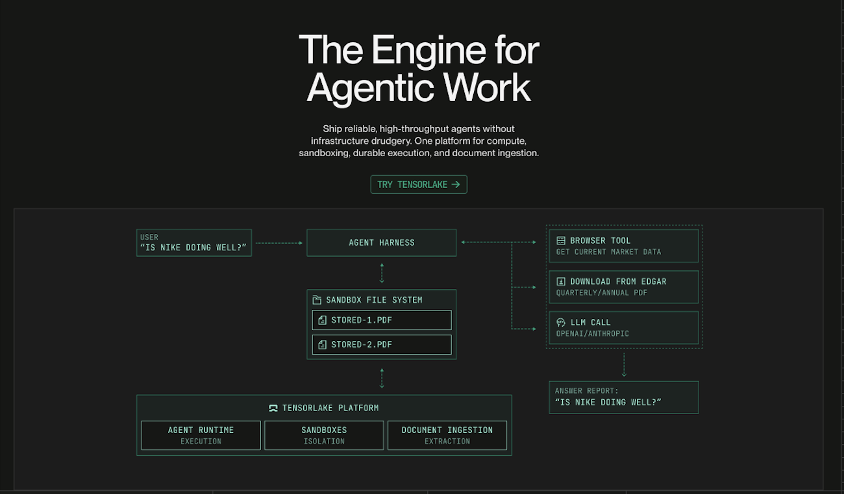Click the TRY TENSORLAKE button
(419, 185)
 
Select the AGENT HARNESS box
(381, 242)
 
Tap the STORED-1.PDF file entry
(381, 320)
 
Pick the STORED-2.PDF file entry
(381, 345)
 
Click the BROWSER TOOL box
(623, 246)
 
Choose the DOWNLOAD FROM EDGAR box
(623, 287)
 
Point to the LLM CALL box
(623, 327)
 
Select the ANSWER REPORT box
(623, 397)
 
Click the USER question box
(193, 242)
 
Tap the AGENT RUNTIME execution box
(201, 435)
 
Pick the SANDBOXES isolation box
(324, 435)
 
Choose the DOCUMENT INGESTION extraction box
(447, 435)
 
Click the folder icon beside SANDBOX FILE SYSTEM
(317, 300)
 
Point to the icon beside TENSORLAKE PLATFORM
(273, 408)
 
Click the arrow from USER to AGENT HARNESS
(279, 243)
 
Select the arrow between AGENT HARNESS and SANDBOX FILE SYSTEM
(382, 273)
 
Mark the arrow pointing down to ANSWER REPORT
(624, 364)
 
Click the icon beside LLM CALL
(561, 322)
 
